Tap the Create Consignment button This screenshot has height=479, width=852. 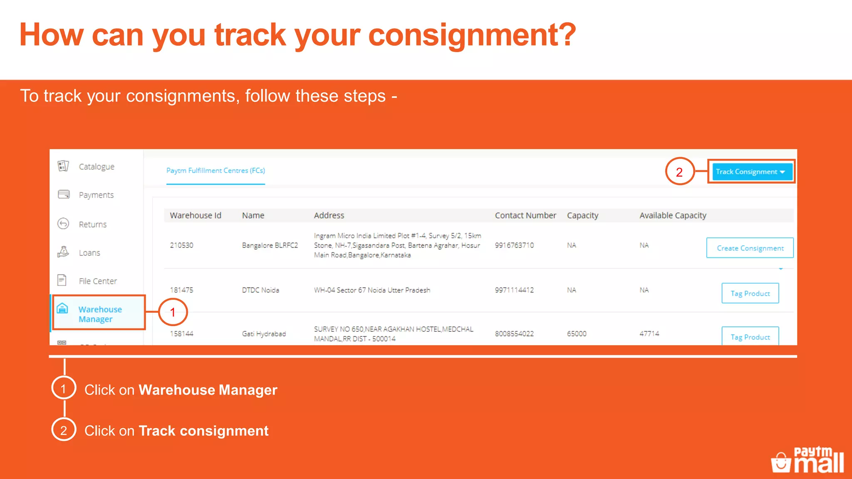click(750, 248)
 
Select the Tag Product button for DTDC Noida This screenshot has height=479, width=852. click(750, 294)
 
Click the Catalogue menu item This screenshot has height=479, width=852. click(96, 167)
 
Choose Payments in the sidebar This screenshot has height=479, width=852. click(96, 195)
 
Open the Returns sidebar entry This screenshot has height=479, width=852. click(92, 225)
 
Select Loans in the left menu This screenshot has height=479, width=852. click(89, 253)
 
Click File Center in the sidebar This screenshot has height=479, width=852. click(98, 281)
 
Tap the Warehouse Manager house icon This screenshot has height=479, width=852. click(62, 309)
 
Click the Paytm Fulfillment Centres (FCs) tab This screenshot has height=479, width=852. click(215, 170)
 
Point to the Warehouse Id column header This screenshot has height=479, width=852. click(196, 215)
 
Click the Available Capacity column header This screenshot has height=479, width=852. click(673, 215)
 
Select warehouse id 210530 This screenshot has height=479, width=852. click(182, 245)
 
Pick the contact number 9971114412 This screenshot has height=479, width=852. click(514, 290)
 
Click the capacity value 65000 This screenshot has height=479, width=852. click(577, 333)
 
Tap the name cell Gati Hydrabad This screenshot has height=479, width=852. click(264, 333)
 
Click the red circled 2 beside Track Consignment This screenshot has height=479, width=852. click(679, 172)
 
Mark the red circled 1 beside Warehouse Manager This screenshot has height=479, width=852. click(173, 312)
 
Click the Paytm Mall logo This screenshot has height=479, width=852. click(807, 460)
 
